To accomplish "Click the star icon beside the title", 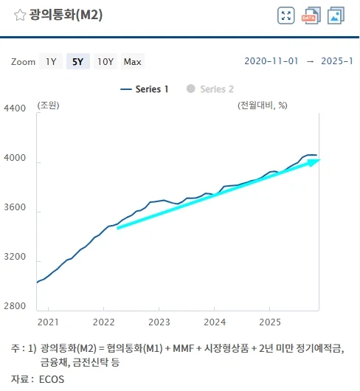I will pyautogui.click(x=20, y=15).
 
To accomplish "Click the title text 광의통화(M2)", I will pyautogui.click(x=67, y=15).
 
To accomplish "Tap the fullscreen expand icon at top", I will pyautogui.click(x=286, y=15).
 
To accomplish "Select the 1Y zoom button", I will pyautogui.click(x=51, y=62).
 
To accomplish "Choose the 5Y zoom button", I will pyautogui.click(x=77, y=62).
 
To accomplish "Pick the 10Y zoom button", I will pyautogui.click(x=105, y=62).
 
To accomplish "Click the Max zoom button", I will pyautogui.click(x=133, y=62).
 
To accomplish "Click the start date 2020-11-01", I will pyautogui.click(x=271, y=61).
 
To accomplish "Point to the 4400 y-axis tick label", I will pyautogui.click(x=15, y=108).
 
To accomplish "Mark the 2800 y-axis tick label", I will pyautogui.click(x=15, y=306).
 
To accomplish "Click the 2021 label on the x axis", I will pyautogui.click(x=48, y=322).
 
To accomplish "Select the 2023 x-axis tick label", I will pyautogui.click(x=159, y=322).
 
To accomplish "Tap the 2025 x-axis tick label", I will pyautogui.click(x=269, y=322).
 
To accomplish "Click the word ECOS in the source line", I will pyautogui.click(x=52, y=379).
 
